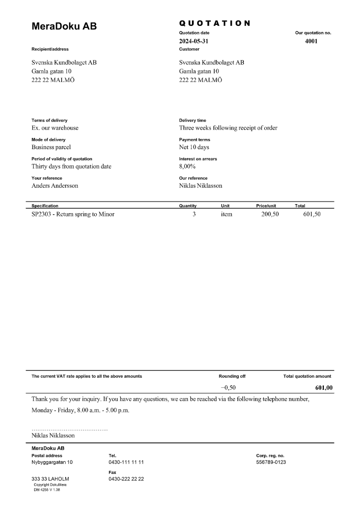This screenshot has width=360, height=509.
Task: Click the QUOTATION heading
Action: pos(214,23)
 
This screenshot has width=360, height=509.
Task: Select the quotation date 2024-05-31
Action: pos(194,41)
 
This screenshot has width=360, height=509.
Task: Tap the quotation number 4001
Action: pos(311,41)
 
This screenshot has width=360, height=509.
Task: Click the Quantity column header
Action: pos(188,206)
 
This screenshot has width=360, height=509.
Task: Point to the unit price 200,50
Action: pos(270,214)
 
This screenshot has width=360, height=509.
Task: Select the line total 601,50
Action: pos(312,214)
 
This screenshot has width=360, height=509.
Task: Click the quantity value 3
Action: pos(194,214)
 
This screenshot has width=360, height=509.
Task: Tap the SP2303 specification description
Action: pos(73,214)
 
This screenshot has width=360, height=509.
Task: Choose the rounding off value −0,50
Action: pos(228,388)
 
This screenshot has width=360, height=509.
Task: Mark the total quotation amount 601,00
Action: pos(324,388)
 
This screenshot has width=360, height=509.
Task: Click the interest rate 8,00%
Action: pos(187,166)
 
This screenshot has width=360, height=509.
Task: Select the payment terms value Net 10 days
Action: pos(194,147)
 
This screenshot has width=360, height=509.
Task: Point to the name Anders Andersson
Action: pos(55,186)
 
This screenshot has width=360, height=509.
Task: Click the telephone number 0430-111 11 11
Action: pos(126,462)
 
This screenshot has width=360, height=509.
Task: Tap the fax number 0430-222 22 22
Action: pos(126,479)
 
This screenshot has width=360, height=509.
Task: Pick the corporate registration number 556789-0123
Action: pos(271,462)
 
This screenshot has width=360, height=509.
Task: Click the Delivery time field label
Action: pos(192,121)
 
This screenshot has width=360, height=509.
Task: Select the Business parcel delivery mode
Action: pos(51,147)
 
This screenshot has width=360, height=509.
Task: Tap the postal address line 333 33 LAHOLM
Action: pos(50,479)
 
